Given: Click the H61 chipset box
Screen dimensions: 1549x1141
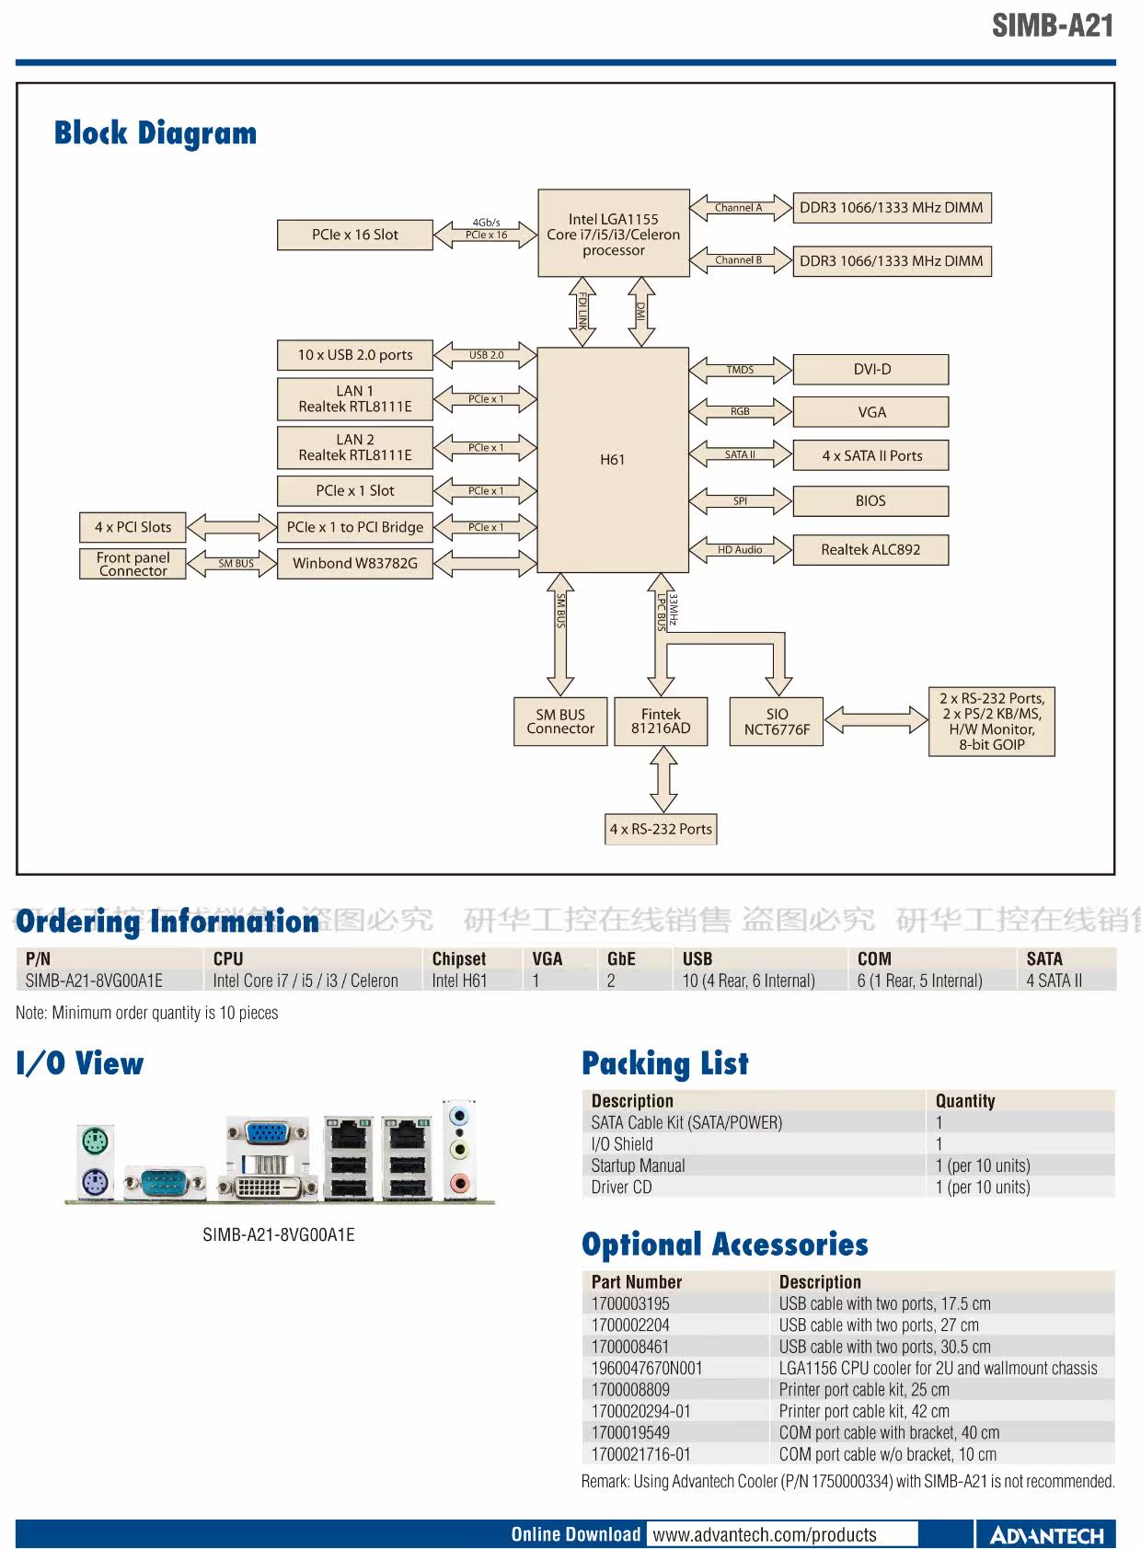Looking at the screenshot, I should coord(613,460).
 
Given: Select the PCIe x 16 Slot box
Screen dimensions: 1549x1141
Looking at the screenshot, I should coord(355,235).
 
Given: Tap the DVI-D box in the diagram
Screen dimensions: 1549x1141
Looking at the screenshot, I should coord(870,370).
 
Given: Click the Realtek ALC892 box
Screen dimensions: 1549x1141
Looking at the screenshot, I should coord(870,550).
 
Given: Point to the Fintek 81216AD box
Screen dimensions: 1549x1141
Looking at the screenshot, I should coord(661,721).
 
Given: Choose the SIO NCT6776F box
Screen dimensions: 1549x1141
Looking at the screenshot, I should coord(777,721).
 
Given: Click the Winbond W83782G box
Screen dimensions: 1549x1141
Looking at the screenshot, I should coord(355,563).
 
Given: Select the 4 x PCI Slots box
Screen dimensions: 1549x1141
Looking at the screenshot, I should coord(133,527).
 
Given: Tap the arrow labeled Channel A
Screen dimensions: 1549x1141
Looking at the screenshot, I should coord(740,208).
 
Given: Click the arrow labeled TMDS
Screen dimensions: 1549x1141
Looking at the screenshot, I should coord(740,370).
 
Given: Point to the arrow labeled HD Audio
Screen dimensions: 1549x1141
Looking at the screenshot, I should coord(740,550).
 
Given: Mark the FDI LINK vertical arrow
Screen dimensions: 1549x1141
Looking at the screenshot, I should coord(582,312).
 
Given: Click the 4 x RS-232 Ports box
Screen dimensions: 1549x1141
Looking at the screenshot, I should coord(661,829).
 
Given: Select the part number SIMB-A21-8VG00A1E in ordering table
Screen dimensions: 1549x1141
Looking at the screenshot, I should coord(94,981).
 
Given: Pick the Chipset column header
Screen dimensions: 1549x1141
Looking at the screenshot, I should coord(459,958).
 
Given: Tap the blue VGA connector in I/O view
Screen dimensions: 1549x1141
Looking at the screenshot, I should coord(266,1132).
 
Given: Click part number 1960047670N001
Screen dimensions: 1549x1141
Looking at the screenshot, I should coord(647,1369).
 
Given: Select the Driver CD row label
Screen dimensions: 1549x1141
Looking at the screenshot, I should coord(622,1188).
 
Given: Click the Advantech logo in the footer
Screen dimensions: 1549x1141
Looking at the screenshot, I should coord(1047,1535).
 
